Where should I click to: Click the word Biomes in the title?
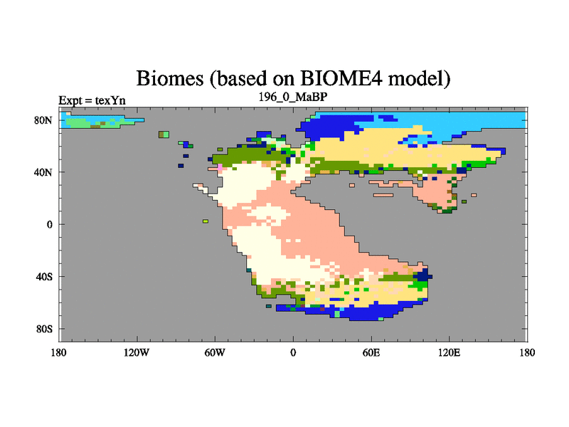pyautogui.click(x=169, y=78)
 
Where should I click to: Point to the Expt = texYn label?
pyautogui.click(x=92, y=100)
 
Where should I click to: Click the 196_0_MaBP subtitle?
pyautogui.click(x=293, y=97)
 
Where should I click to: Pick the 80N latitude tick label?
pyautogui.click(x=43, y=120)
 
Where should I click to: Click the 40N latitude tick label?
pyautogui.click(x=43, y=172)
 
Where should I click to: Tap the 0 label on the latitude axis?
pyautogui.click(x=49, y=224)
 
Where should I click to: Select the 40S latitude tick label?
pyautogui.click(x=44, y=277)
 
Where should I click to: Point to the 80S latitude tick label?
pyautogui.click(x=44, y=329)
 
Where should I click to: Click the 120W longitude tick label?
pyautogui.click(x=137, y=352)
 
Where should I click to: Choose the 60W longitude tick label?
pyautogui.click(x=215, y=352)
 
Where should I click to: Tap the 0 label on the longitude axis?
pyautogui.click(x=293, y=352)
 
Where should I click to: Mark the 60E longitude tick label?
pyautogui.click(x=371, y=352)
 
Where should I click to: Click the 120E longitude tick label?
pyautogui.click(x=450, y=352)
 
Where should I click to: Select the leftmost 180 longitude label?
pyautogui.click(x=59, y=352)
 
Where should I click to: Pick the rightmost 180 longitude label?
pyautogui.click(x=527, y=352)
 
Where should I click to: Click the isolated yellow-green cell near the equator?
pyautogui.click(x=206, y=221)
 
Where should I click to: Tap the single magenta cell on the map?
pyautogui.click(x=220, y=167)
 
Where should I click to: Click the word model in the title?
pyautogui.click(x=419, y=79)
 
